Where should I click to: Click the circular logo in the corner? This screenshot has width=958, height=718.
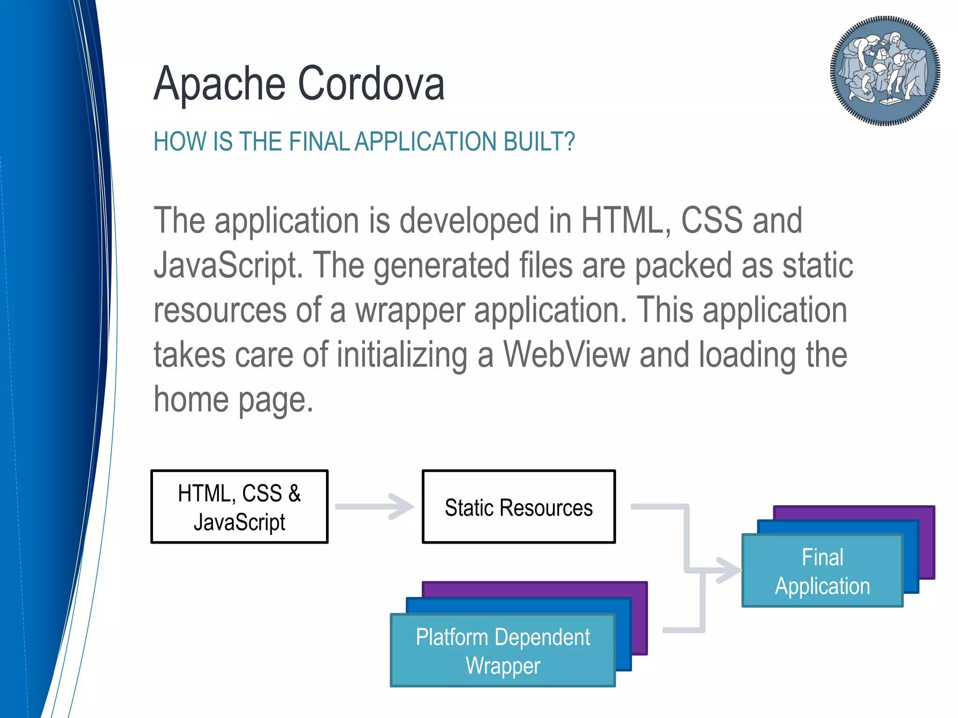pyautogui.click(x=885, y=71)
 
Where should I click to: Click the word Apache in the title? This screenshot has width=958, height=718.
pyautogui.click(x=219, y=84)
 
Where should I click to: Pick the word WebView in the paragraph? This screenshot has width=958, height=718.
pyautogui.click(x=566, y=355)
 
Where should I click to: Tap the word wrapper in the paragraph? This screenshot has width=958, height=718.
pyautogui.click(x=410, y=310)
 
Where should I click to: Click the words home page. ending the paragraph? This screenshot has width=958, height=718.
pyautogui.click(x=233, y=400)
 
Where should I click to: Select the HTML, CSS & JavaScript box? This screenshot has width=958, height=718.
pyautogui.click(x=239, y=507)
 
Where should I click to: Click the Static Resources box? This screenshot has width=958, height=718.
pyautogui.click(x=518, y=507)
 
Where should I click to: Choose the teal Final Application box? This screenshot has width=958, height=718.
pyautogui.click(x=822, y=571)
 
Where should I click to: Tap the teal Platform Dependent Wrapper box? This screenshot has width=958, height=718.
pyautogui.click(x=502, y=651)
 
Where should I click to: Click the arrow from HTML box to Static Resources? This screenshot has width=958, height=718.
pyautogui.click(x=374, y=507)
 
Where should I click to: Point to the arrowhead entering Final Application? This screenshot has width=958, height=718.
pyautogui.click(x=730, y=570)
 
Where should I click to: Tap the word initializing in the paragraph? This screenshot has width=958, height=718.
pyautogui.click(x=402, y=355)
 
